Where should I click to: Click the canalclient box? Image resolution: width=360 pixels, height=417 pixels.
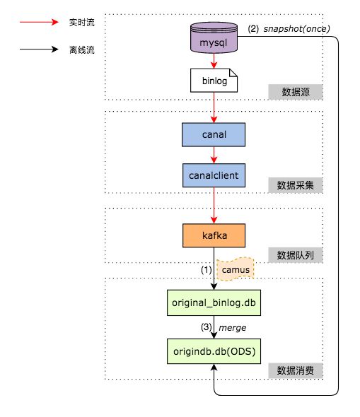click(213, 172)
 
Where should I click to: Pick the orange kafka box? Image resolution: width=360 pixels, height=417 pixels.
click(213, 235)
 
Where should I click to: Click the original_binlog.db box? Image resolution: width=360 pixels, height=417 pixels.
click(213, 302)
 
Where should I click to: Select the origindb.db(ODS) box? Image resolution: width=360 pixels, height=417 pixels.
click(213, 351)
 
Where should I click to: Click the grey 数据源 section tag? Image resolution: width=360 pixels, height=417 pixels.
click(296, 92)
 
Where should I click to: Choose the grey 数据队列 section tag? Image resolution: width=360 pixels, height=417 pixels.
click(296, 254)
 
